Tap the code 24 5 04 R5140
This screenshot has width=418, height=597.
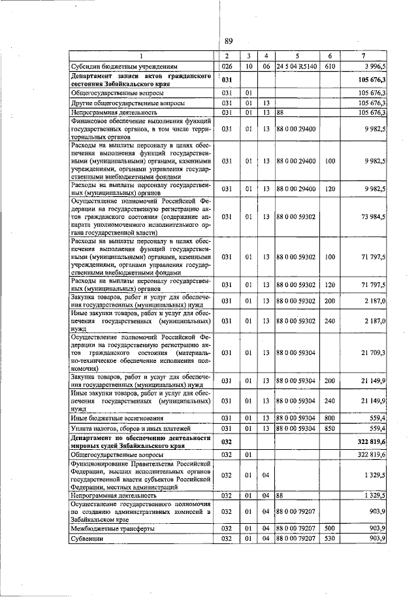tap(296, 66)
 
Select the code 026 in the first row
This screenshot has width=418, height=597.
tap(227, 66)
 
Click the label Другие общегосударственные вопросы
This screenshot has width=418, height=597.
tap(127, 103)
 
